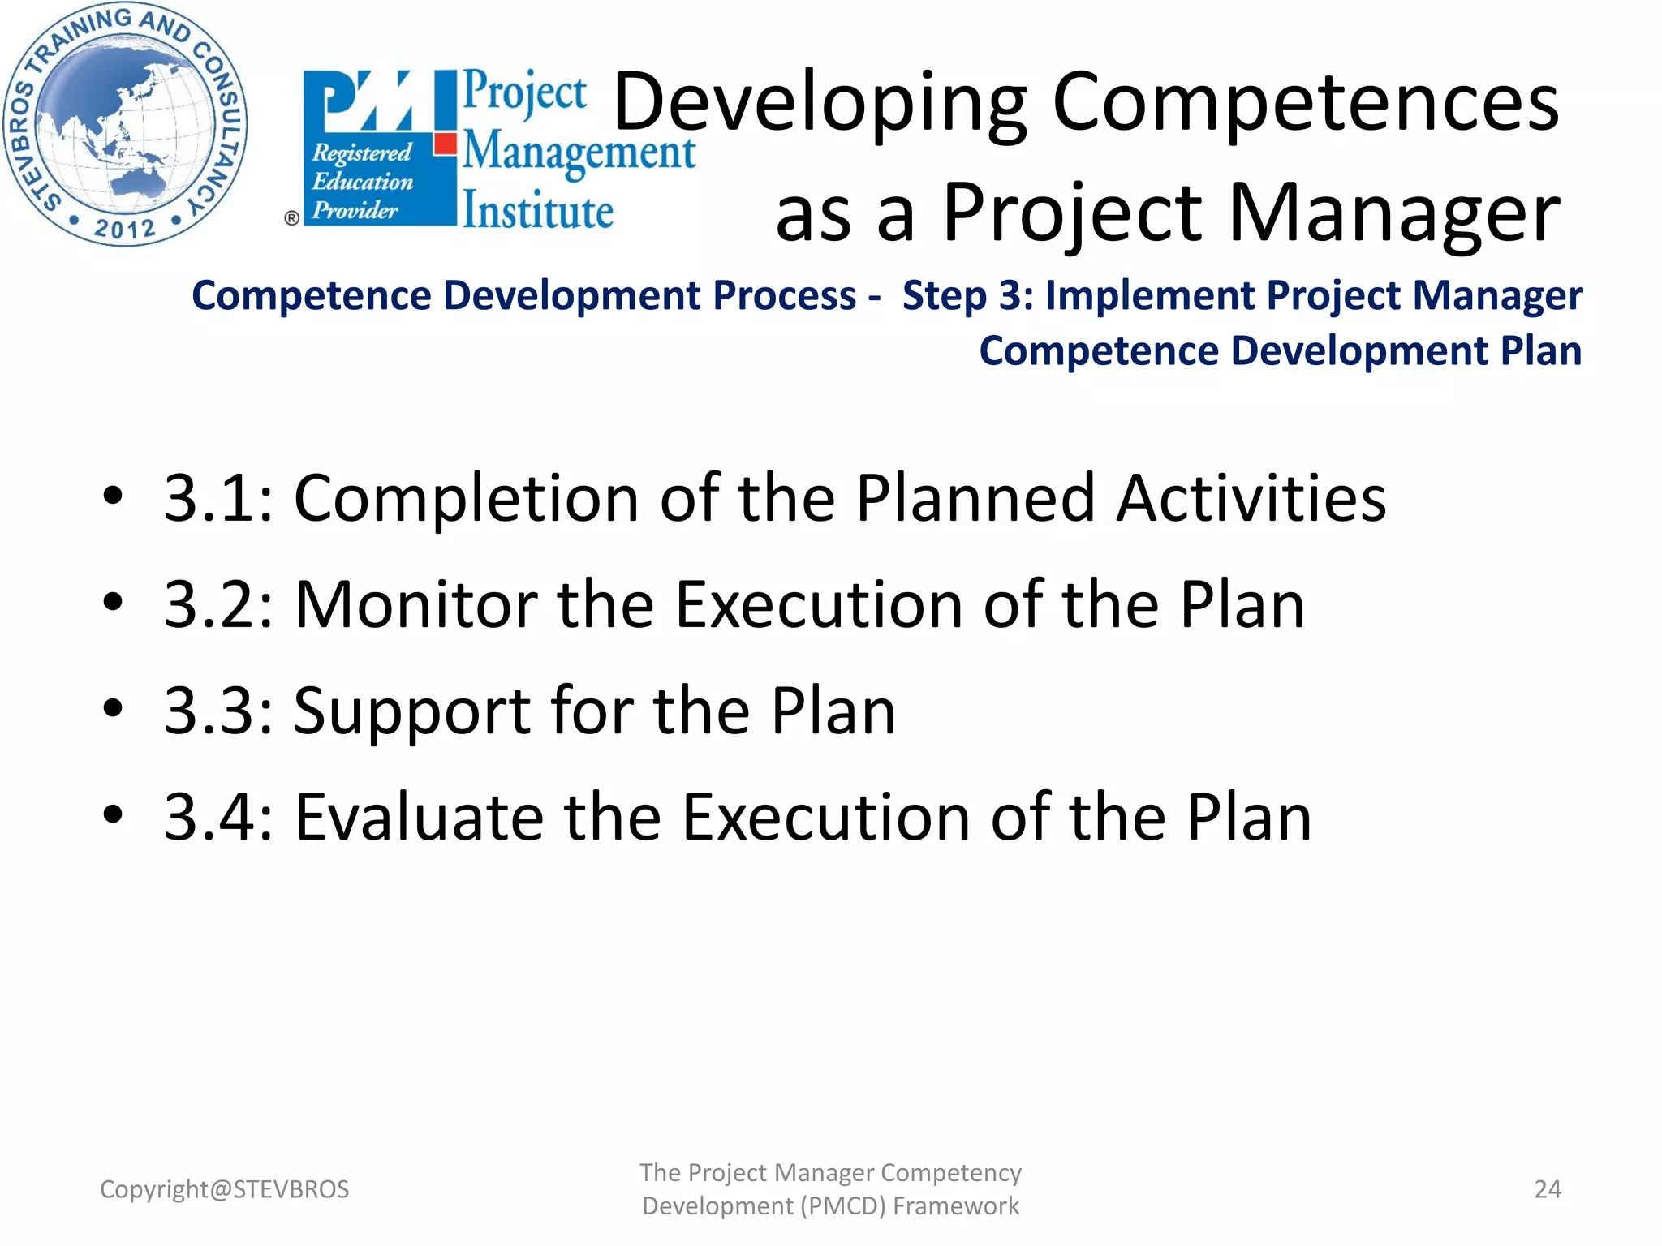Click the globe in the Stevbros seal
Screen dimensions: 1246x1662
click(122, 122)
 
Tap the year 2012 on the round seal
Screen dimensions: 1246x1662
click(124, 228)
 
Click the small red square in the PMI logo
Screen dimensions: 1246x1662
click(445, 144)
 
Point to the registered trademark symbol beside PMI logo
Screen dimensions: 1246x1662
click(291, 218)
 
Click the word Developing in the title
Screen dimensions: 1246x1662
click(820, 103)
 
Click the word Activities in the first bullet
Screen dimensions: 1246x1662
click(1251, 497)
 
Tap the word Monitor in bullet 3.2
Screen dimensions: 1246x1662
click(415, 604)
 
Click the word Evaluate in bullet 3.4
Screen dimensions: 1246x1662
click(418, 817)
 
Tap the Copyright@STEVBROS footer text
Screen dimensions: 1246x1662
click(224, 1189)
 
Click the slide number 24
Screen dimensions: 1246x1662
click(1547, 1189)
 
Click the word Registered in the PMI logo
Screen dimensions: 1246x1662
click(362, 153)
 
